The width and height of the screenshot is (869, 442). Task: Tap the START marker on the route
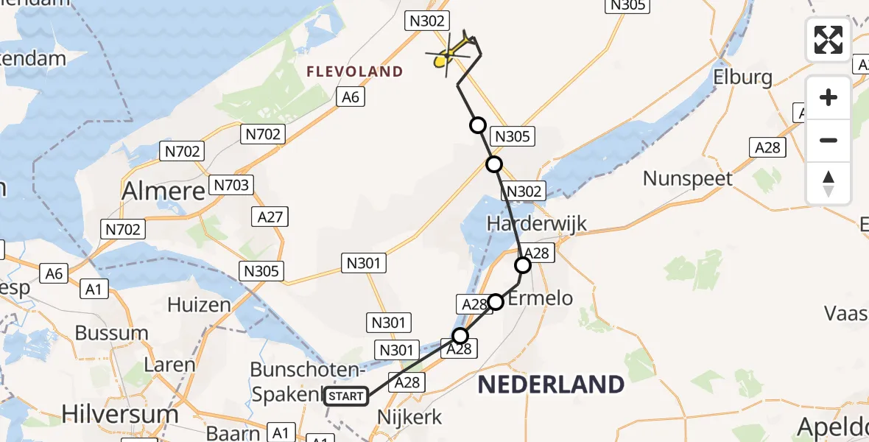pyautogui.click(x=346, y=396)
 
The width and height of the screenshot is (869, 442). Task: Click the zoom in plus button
pyautogui.click(x=828, y=97)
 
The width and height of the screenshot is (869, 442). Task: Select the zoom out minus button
pyautogui.click(x=828, y=140)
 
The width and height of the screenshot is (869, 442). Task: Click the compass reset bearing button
pyautogui.click(x=828, y=183)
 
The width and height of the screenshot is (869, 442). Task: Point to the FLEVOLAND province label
pyautogui.click(x=355, y=71)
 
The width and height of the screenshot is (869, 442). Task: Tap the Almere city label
pyautogui.click(x=163, y=192)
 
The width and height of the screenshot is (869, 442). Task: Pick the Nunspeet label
pyautogui.click(x=688, y=178)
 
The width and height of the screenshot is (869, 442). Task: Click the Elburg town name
pyautogui.click(x=743, y=77)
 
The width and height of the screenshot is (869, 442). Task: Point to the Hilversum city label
pyautogui.click(x=120, y=413)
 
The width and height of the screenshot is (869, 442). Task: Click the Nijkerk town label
pyautogui.click(x=409, y=417)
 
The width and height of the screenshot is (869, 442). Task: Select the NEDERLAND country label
pyautogui.click(x=551, y=384)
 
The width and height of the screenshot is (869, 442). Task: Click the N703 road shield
pyautogui.click(x=232, y=185)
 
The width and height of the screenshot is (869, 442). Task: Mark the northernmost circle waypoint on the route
pyautogui.click(x=479, y=125)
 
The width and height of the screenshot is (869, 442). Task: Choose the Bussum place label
pyautogui.click(x=112, y=332)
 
